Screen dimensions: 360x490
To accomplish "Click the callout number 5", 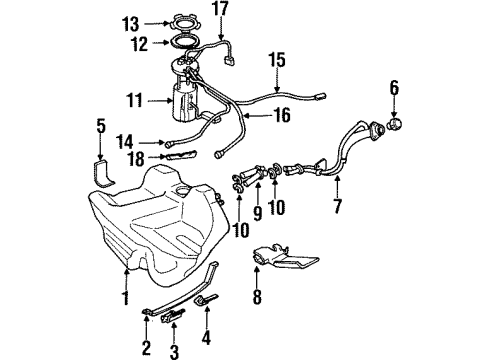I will coord(99,126).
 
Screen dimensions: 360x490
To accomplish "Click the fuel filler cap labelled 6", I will coord(394,126).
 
